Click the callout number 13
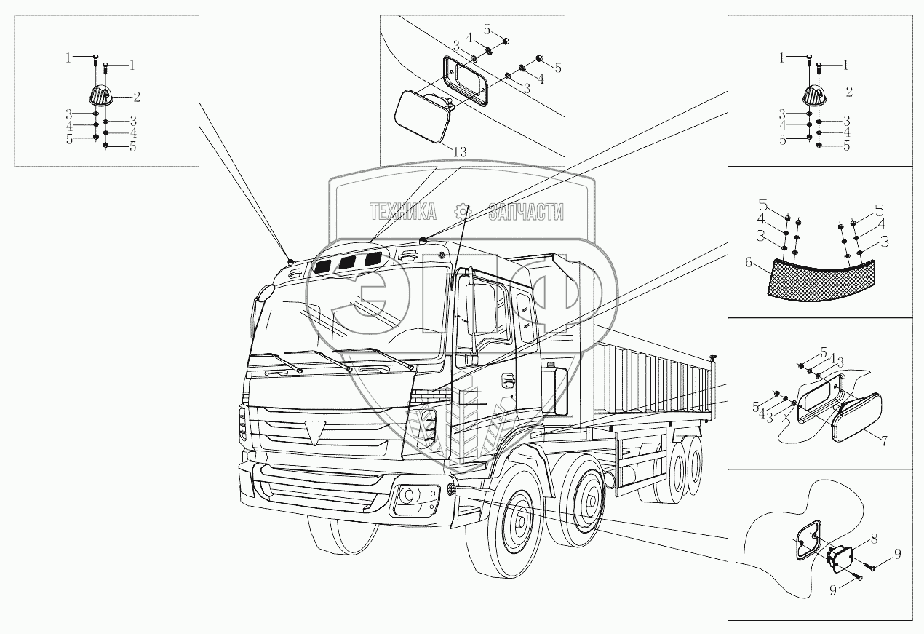click(460, 151)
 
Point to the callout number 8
click(873, 539)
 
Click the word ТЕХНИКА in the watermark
click(403, 212)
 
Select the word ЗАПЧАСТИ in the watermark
click(526, 212)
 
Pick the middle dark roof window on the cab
click(348, 263)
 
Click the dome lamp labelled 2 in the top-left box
click(99, 95)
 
